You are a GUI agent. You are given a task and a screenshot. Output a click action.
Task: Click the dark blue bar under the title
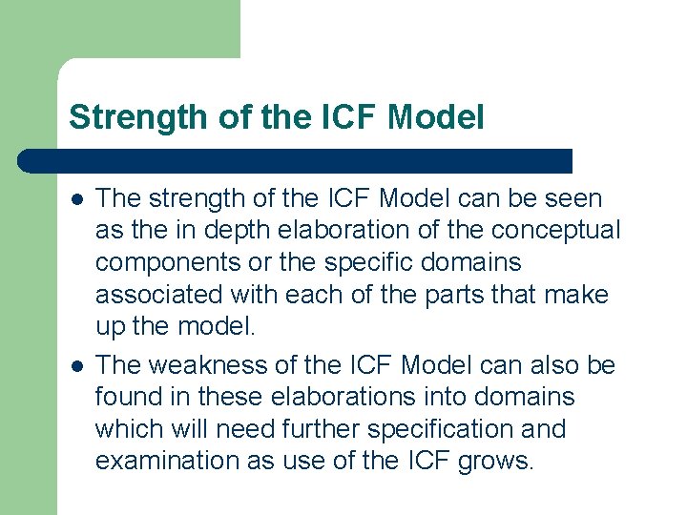[296, 160]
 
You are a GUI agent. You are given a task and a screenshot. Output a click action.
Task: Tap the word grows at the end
[495, 461]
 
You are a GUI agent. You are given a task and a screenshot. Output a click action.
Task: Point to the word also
[558, 365]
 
